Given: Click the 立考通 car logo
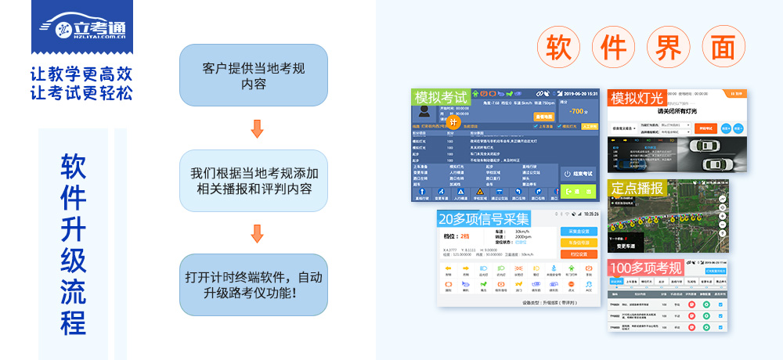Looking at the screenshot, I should coord(81,26).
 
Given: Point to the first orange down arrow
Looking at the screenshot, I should coord(257,128).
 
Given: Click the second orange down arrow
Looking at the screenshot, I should coord(257,233).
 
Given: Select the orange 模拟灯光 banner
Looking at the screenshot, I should coord(637,99).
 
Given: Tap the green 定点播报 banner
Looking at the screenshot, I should coord(637,188).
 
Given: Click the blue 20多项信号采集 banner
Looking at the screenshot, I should coord(484,218).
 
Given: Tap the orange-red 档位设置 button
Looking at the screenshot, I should coord(579,254).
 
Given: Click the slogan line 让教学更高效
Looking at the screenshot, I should coord(81,74).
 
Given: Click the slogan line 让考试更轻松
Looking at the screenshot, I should coord(81,93).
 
